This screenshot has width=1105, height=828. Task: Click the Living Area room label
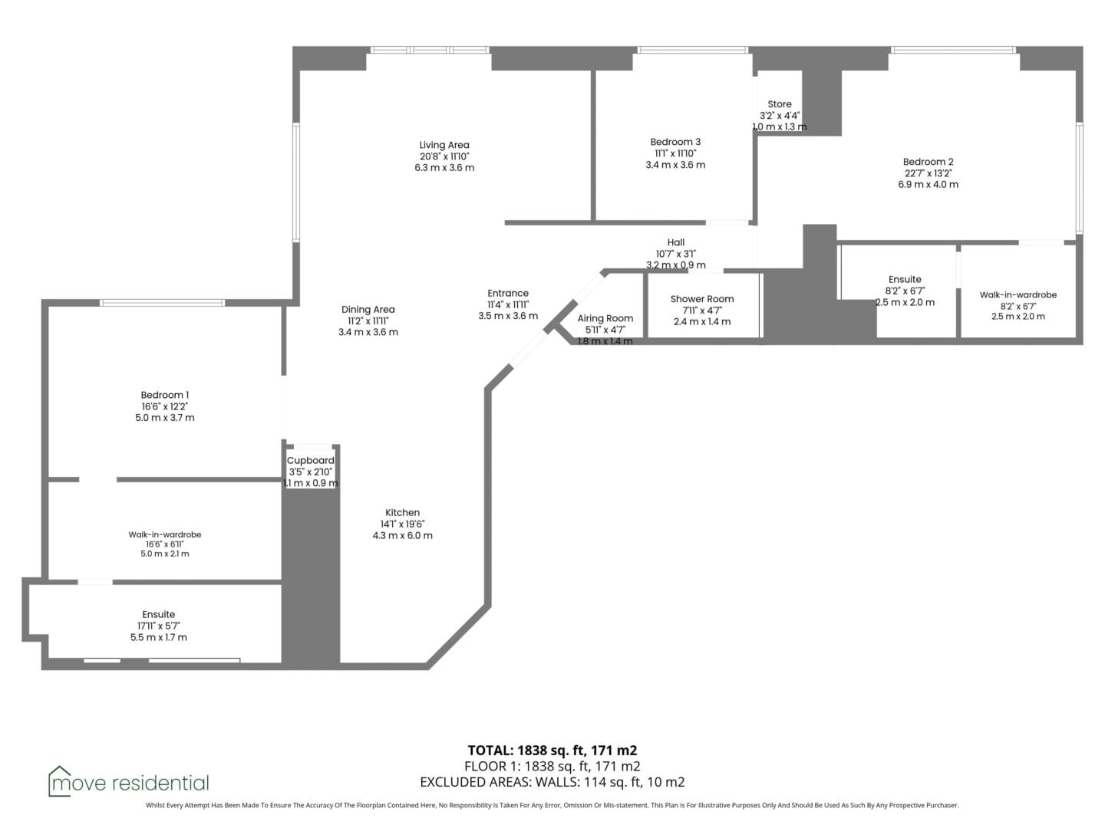[x=444, y=146]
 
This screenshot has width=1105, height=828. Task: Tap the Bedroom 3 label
[x=675, y=143]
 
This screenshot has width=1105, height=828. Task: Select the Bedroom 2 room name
[x=928, y=162]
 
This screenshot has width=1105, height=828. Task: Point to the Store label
[x=780, y=104]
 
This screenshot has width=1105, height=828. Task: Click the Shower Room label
[x=702, y=299]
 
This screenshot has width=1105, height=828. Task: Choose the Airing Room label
[x=605, y=319]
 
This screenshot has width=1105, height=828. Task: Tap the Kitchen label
[x=402, y=513]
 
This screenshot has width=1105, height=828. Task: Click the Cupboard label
[x=311, y=461]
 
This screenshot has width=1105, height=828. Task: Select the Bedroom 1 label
[x=165, y=395]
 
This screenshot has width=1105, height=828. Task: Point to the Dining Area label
[x=368, y=310]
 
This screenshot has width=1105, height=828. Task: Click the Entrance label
[x=508, y=293]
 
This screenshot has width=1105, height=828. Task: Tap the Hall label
[x=675, y=242]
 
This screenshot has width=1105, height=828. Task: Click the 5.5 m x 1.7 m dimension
[x=159, y=637]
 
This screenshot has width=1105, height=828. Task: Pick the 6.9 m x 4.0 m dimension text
[x=928, y=185]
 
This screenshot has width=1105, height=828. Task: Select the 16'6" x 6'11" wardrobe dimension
[x=165, y=544]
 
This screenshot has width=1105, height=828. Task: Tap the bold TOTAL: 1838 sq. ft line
[x=552, y=751]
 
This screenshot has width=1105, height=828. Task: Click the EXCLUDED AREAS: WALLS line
[x=552, y=782]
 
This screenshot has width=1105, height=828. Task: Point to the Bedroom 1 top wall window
[x=162, y=303]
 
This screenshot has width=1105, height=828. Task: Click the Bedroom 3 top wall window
[x=693, y=50]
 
